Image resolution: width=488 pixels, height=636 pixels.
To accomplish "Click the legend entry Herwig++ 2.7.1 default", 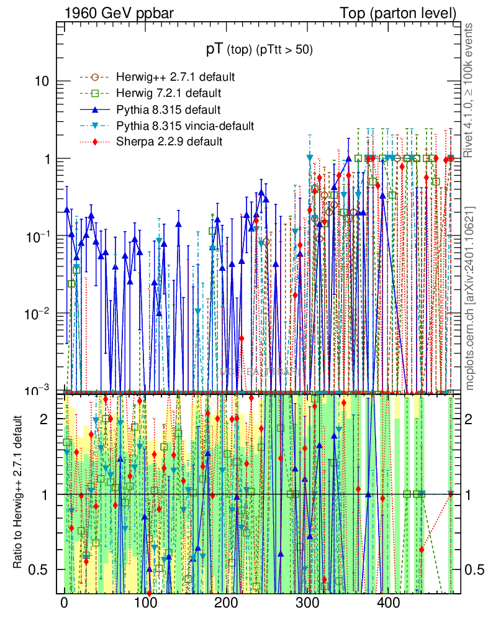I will (x=174, y=78).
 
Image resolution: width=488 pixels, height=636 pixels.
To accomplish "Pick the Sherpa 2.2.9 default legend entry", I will (x=169, y=142).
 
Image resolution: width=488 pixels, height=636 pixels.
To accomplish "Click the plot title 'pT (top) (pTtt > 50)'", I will (x=260, y=50).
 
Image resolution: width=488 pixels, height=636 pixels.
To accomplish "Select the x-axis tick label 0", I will (x=64, y=602).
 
